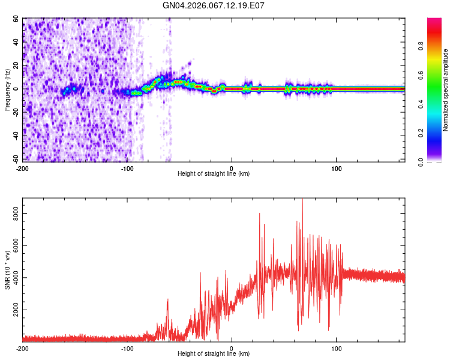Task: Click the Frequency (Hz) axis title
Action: point(7,90)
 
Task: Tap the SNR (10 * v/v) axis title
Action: point(7,270)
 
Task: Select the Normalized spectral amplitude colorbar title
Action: point(445,90)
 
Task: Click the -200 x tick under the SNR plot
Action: point(22,348)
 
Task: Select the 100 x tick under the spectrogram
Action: point(337,168)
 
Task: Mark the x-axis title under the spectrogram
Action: point(214,174)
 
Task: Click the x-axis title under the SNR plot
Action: point(214,354)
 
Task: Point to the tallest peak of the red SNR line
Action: point(302,199)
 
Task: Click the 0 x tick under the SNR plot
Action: point(232,348)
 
